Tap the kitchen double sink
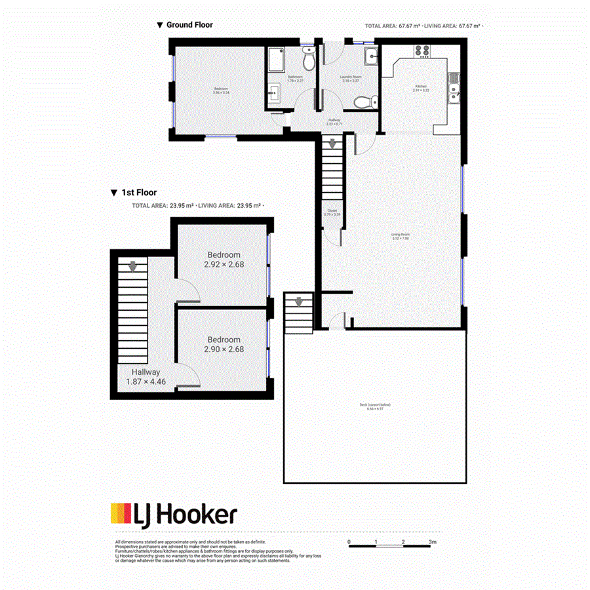pyautogui.click(x=453, y=88)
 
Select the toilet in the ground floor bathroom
pyautogui.click(x=309, y=60)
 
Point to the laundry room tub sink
pyautogui.click(x=372, y=55)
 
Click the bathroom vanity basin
pyautogui.click(x=274, y=95)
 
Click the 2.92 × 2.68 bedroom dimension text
pyautogui.click(x=224, y=265)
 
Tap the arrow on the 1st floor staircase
pyautogui.click(x=133, y=267)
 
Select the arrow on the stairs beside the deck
pyautogui.click(x=299, y=302)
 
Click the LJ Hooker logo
pyautogui.click(x=173, y=514)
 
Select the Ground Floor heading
pyautogui.click(x=189, y=25)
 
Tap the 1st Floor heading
pyautogui.click(x=138, y=193)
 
